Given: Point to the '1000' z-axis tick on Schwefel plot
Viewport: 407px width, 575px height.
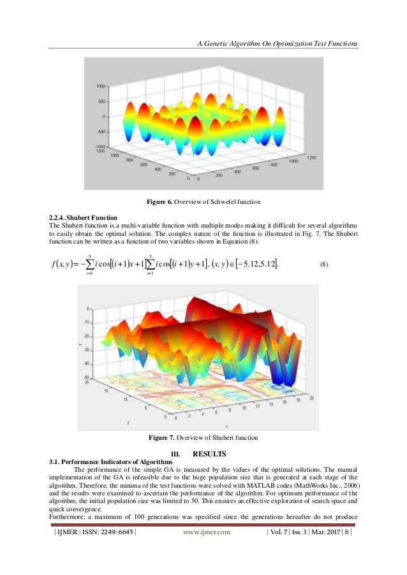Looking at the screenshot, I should click(x=101, y=86).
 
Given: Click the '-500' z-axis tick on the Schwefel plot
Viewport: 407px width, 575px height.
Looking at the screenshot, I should click(x=101, y=132).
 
